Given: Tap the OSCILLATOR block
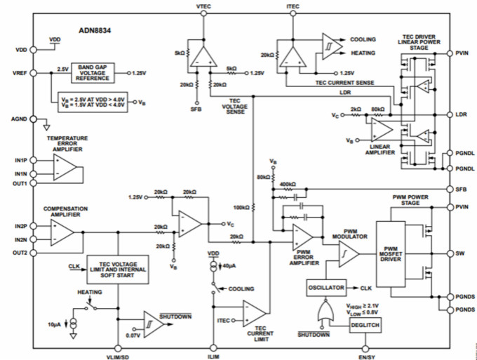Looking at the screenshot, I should [326, 288].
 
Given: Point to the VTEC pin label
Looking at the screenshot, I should [204, 6].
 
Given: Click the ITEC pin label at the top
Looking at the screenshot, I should [293, 6].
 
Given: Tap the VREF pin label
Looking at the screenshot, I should [20, 72].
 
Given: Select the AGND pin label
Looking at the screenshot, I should [19, 119].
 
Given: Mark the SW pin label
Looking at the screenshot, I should [459, 253].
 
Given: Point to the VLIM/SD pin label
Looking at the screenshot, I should [117, 356].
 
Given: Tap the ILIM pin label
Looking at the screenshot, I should [213, 355].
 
